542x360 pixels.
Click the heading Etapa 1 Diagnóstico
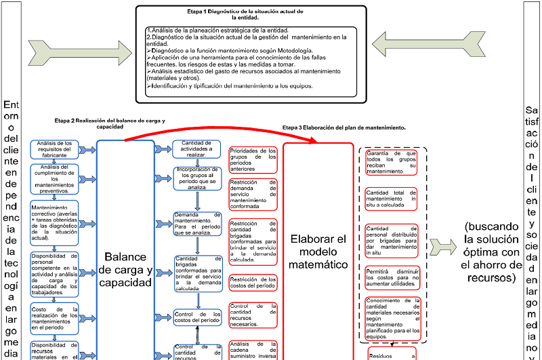(x=265, y=16)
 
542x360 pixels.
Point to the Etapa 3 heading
(x=343, y=127)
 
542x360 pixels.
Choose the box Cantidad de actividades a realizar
(x=197, y=148)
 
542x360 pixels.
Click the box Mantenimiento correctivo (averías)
(x=55, y=223)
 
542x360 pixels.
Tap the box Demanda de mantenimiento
(x=197, y=224)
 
